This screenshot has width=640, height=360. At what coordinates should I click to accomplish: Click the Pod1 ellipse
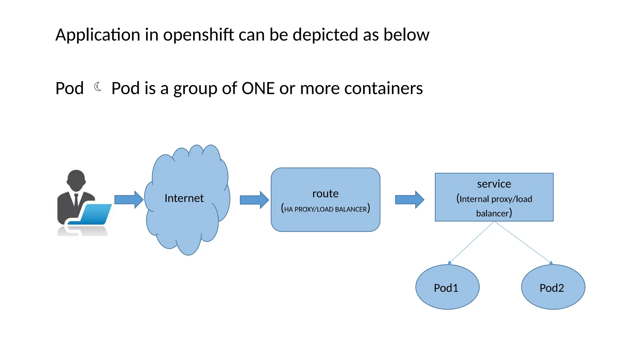(447, 287)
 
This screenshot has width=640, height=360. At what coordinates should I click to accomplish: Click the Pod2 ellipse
(553, 287)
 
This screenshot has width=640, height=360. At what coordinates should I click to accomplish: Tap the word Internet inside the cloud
(184, 198)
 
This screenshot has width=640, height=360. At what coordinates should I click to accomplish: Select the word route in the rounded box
(325, 193)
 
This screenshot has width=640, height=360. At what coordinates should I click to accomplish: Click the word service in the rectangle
(494, 184)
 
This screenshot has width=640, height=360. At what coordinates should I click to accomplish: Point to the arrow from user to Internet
(128, 199)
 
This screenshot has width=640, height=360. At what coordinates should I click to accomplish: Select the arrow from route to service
(409, 199)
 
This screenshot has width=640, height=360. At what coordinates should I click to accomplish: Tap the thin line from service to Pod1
(471, 243)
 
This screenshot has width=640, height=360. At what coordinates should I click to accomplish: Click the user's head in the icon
(76, 180)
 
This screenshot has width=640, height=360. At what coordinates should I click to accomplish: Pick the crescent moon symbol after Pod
(98, 87)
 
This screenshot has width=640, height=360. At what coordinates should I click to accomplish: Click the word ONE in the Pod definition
(258, 88)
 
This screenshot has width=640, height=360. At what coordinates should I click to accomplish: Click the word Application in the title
(97, 35)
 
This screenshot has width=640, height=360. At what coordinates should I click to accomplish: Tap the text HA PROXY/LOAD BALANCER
(325, 209)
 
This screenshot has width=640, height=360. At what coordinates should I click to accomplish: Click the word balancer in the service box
(492, 213)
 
